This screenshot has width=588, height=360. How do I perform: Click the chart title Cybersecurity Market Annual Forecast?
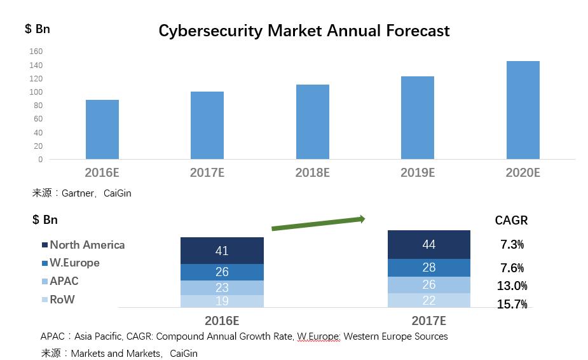click(x=304, y=31)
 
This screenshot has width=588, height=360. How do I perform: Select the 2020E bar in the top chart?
click(x=523, y=110)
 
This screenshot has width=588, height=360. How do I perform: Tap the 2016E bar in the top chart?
click(x=102, y=129)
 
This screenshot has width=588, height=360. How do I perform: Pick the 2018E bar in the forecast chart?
click(x=312, y=121)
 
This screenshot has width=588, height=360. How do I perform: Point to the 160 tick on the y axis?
click(x=36, y=52)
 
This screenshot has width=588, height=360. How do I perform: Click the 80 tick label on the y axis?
click(x=38, y=106)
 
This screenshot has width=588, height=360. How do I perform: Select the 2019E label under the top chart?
click(x=417, y=172)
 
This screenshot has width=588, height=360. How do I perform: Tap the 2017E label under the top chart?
click(x=207, y=172)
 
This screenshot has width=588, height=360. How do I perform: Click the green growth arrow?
click(x=318, y=223)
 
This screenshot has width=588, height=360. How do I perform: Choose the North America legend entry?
click(x=87, y=245)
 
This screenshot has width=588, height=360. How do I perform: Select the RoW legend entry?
click(x=62, y=300)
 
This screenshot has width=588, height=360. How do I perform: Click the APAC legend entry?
click(x=64, y=281)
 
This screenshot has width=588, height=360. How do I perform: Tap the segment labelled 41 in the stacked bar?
click(x=222, y=251)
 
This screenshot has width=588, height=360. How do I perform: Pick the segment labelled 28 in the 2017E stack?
click(x=429, y=267)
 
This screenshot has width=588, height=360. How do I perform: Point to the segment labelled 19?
click(x=222, y=301)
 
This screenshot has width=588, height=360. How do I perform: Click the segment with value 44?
click(x=429, y=244)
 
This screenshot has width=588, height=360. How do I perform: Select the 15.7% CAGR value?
click(x=512, y=305)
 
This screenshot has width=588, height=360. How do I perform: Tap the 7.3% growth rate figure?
click(x=512, y=245)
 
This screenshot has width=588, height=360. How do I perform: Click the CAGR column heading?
click(x=511, y=221)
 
